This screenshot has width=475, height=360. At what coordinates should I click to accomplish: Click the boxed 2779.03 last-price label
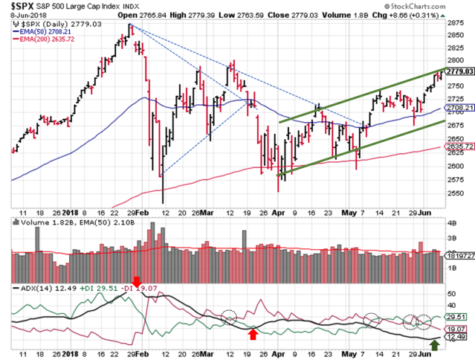[459, 71]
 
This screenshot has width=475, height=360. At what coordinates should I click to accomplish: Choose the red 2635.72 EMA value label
[459, 147]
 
